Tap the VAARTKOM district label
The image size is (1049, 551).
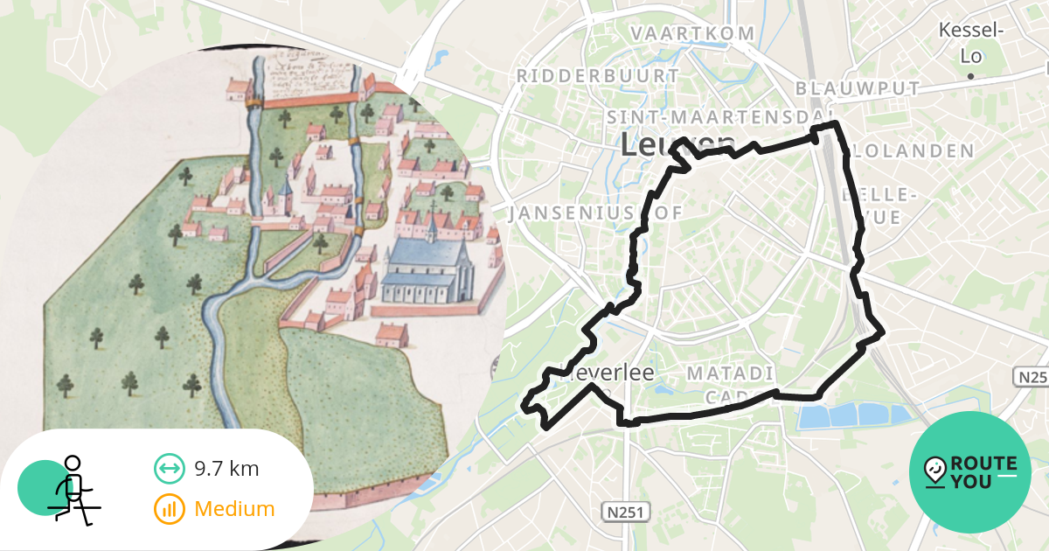pos(692,33)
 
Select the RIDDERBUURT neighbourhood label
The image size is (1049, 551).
pos(598,76)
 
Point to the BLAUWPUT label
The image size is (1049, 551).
pos(858,88)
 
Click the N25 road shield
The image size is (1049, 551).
pos(1032,376)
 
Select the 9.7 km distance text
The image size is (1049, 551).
pos(226,468)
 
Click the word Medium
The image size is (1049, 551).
pos(234,508)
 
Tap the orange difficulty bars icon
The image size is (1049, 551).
pos(168,508)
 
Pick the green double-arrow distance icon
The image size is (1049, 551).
pos(168,468)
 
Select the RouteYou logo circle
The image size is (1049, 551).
pos(970,472)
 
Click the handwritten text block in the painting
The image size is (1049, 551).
pos(310,74)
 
